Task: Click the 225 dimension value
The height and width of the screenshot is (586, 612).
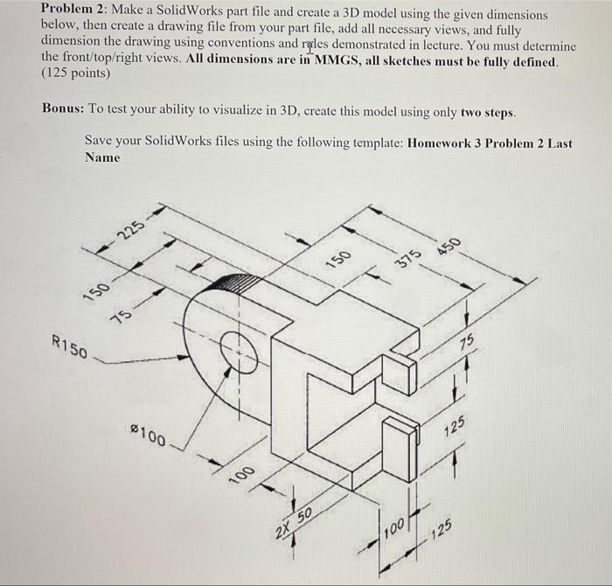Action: [132, 231]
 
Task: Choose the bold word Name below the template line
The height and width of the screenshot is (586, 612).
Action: [102, 157]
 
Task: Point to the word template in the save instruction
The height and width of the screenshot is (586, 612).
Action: [374, 143]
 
